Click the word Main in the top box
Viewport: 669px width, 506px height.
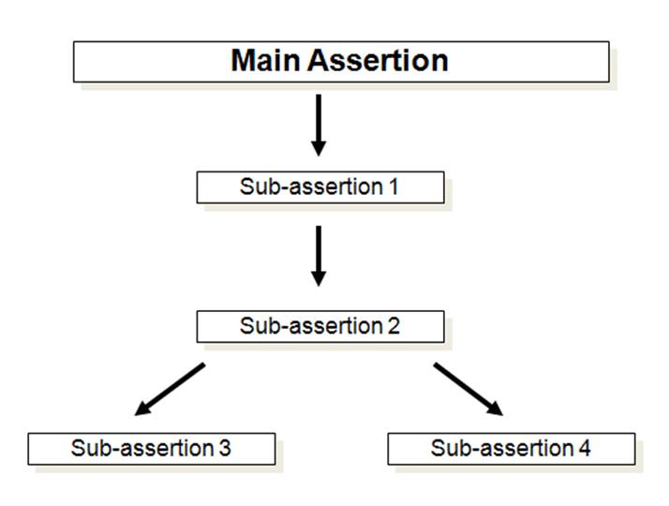pos(265,60)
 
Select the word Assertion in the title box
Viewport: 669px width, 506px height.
pos(378,60)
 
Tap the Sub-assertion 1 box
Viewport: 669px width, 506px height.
pos(320,187)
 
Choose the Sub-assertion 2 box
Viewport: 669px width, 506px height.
pos(320,326)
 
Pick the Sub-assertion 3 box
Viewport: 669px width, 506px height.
pos(152,449)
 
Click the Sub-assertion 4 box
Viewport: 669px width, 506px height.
pos(512,449)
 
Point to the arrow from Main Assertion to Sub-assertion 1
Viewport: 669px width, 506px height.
pos(319,125)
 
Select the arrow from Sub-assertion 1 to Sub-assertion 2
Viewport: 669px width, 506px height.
pos(319,256)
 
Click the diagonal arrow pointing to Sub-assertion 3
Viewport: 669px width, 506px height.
pos(170,389)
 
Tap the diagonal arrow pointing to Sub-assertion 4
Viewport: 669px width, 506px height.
pos(468,389)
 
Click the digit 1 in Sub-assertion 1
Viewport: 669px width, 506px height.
pos(394,186)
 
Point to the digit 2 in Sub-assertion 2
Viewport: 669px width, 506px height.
pos(394,326)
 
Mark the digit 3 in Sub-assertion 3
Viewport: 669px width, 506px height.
pos(225,449)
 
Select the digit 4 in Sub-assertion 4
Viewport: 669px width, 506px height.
pos(585,449)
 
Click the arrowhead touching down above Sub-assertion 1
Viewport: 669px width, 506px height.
pos(319,148)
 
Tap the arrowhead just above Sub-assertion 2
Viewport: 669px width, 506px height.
pos(319,278)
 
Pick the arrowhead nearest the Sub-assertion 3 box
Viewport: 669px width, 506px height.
pos(142,409)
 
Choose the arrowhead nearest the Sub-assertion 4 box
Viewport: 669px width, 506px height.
pos(496,409)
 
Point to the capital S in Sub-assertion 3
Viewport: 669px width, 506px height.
pos(78,449)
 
